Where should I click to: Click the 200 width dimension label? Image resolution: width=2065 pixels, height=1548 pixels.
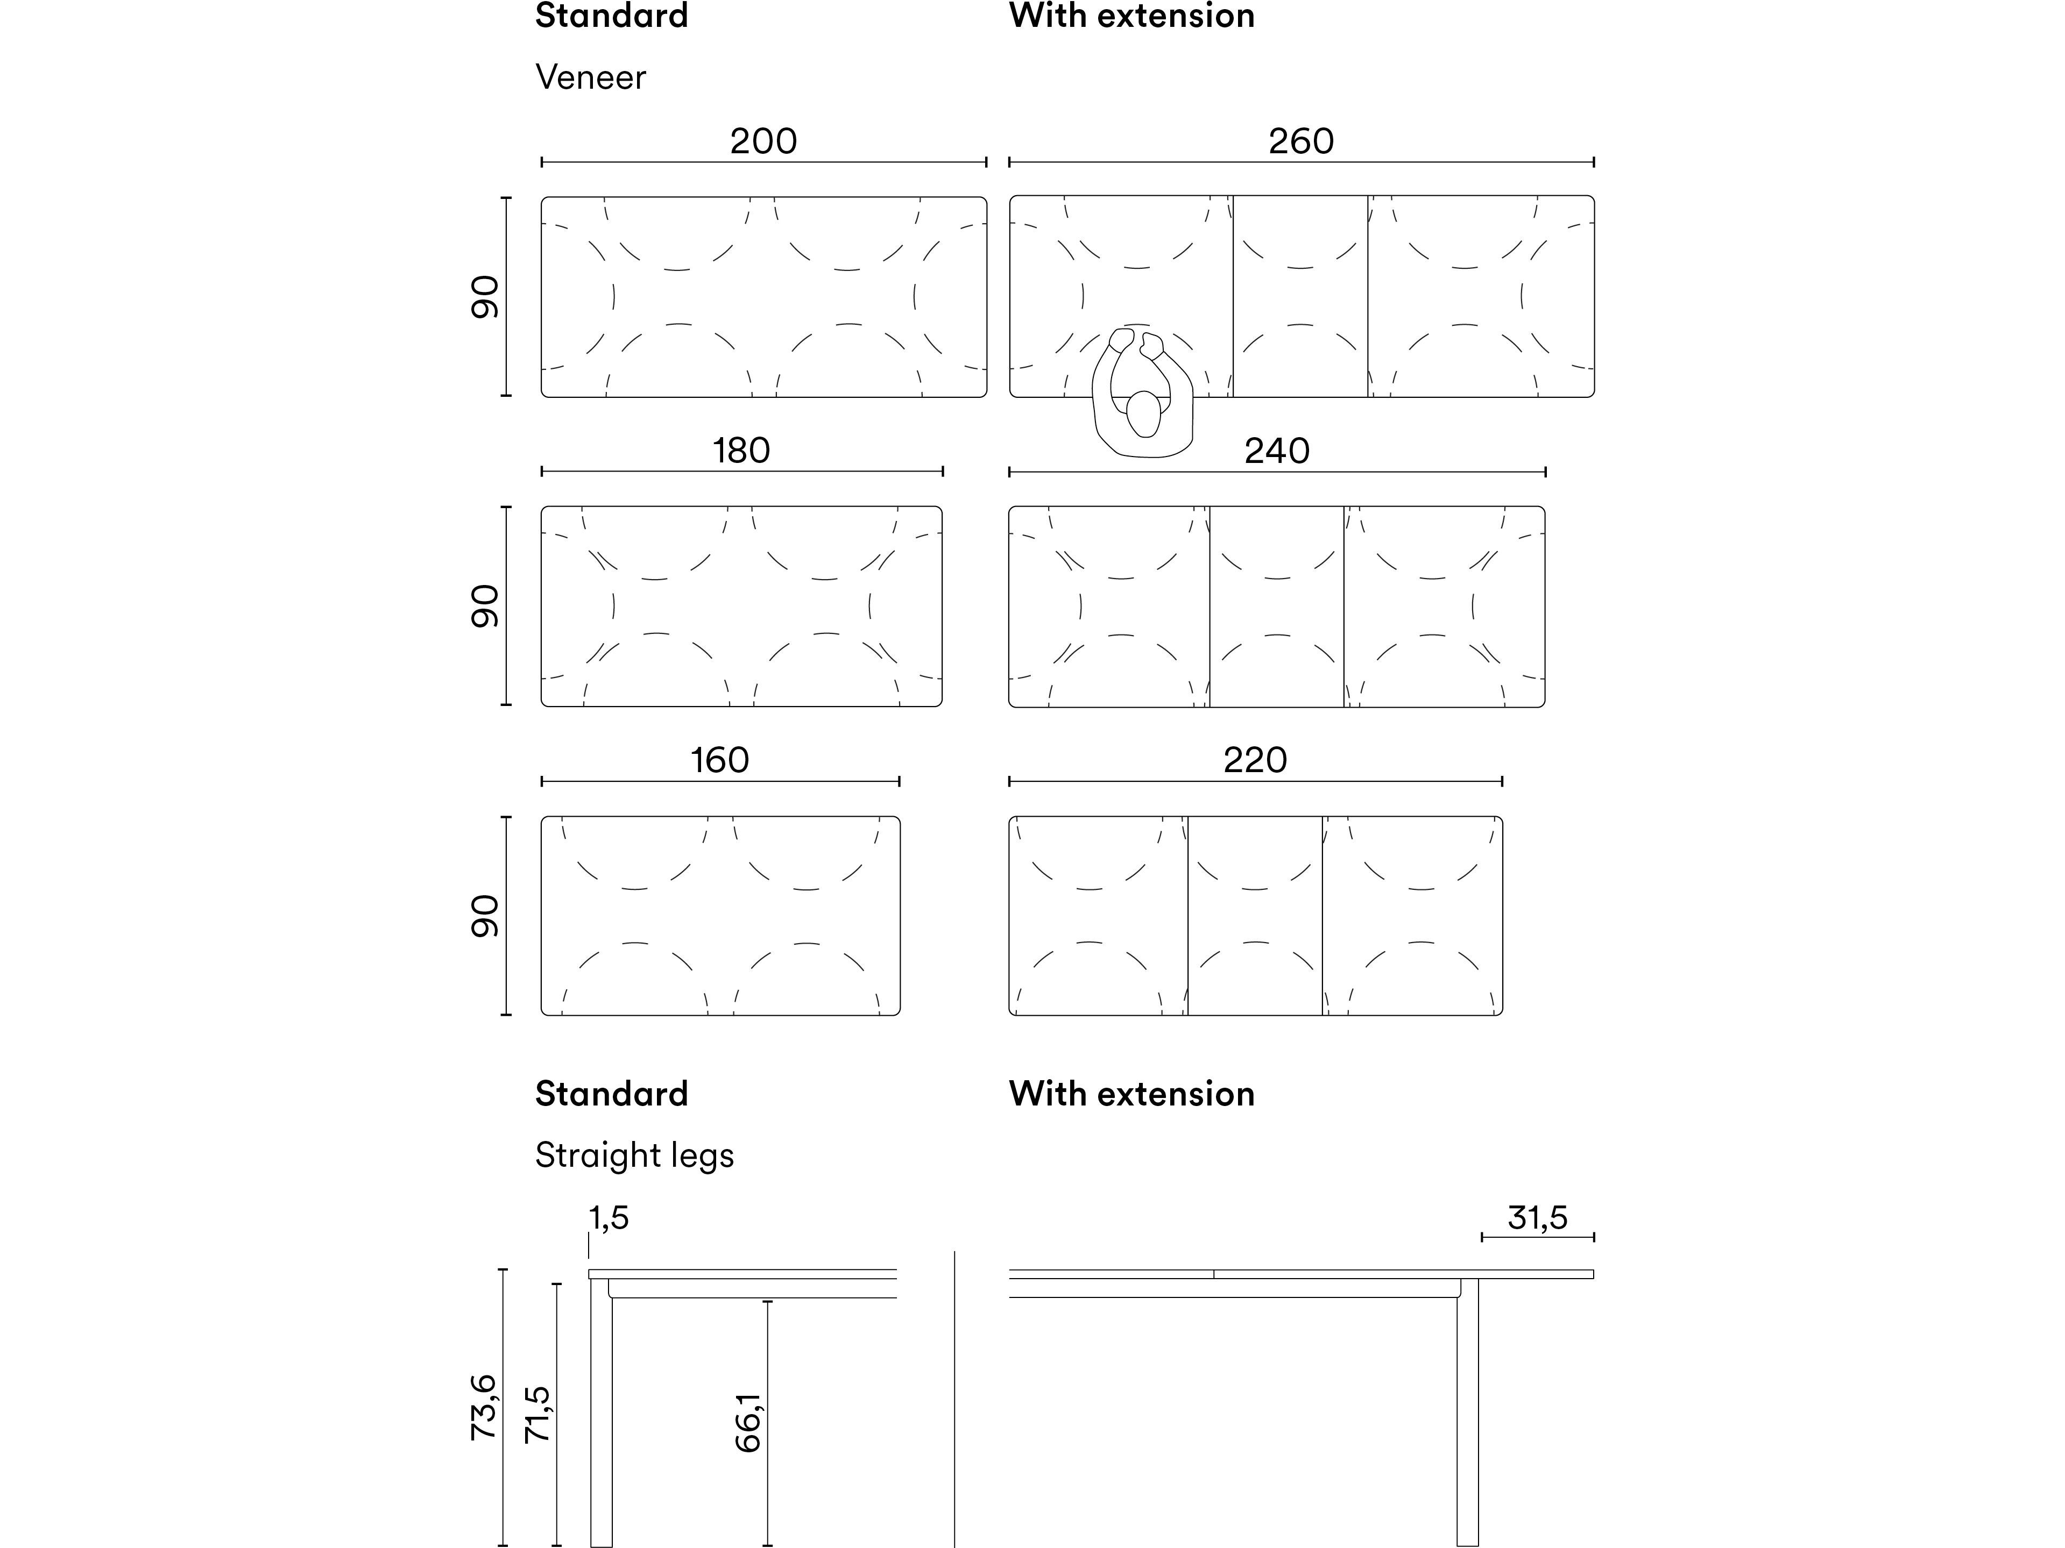[763, 141]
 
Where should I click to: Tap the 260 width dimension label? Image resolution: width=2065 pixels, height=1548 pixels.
[1300, 141]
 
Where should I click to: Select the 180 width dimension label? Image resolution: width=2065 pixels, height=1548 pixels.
[741, 451]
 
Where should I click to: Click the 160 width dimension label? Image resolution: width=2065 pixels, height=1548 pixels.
[720, 760]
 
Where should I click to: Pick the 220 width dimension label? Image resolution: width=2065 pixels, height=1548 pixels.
[1255, 760]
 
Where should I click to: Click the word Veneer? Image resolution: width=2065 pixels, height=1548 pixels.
[590, 77]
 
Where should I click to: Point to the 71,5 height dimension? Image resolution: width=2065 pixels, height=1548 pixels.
[538, 1415]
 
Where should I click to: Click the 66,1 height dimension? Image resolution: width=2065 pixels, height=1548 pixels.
[749, 1423]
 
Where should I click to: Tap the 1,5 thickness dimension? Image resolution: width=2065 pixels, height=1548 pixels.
[609, 1218]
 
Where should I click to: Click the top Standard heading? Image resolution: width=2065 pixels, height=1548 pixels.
[611, 16]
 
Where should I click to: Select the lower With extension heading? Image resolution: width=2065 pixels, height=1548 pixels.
[1131, 1094]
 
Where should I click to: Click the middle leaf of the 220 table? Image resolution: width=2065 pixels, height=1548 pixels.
[1255, 915]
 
